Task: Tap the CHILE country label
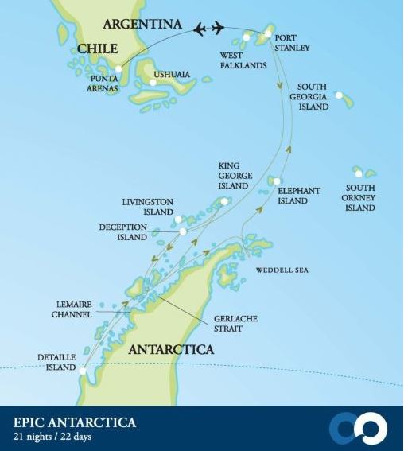pyautogui.click(x=98, y=49)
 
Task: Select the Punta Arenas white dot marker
pyautogui.click(x=118, y=69)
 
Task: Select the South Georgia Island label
pyautogui.click(x=313, y=96)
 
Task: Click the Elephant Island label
pyautogui.click(x=298, y=196)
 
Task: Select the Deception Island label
pyautogui.click(x=123, y=231)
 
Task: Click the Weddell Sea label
pyautogui.click(x=282, y=270)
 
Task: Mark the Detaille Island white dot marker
pyautogui.click(x=82, y=368)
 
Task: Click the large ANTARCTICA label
pyautogui.click(x=172, y=349)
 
